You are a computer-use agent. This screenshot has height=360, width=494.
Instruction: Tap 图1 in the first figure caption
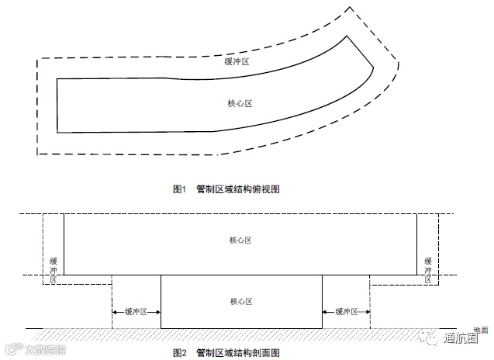(x=180, y=189)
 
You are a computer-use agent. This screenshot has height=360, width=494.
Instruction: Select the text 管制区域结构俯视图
(x=237, y=189)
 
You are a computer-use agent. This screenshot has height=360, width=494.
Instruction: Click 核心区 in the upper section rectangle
(x=240, y=241)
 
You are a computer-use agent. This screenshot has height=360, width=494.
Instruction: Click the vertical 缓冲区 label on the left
(x=54, y=268)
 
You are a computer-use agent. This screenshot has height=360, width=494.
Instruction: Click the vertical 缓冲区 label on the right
(x=427, y=268)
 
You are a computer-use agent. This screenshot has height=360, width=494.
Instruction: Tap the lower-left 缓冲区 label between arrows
(x=136, y=311)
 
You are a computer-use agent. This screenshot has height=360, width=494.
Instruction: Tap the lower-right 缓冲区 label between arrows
(x=346, y=311)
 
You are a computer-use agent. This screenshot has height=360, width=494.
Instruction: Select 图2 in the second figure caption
(x=180, y=353)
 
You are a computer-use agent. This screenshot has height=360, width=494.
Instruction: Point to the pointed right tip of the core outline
(x=374, y=67)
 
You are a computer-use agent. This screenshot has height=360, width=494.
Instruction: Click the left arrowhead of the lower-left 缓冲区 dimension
(x=116, y=311)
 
